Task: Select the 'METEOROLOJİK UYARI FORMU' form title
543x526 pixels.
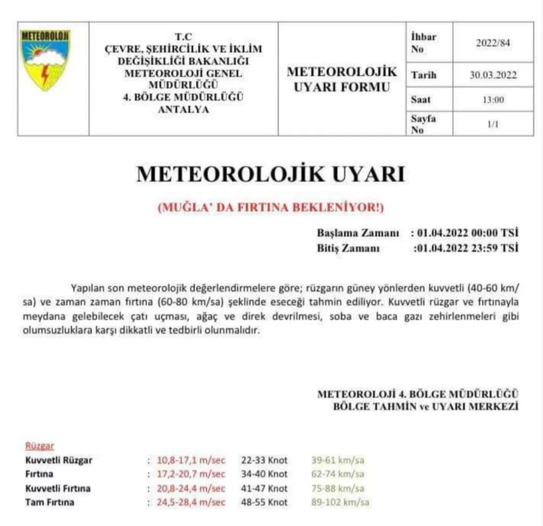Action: pos(342,79)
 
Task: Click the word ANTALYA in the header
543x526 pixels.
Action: pos(183,110)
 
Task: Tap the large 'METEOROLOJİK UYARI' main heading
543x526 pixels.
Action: pos(270,174)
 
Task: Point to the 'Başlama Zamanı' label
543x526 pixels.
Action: pos(358,234)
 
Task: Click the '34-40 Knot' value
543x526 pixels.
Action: pos(264,474)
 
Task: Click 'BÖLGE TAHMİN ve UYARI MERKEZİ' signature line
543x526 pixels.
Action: pos(426,406)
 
